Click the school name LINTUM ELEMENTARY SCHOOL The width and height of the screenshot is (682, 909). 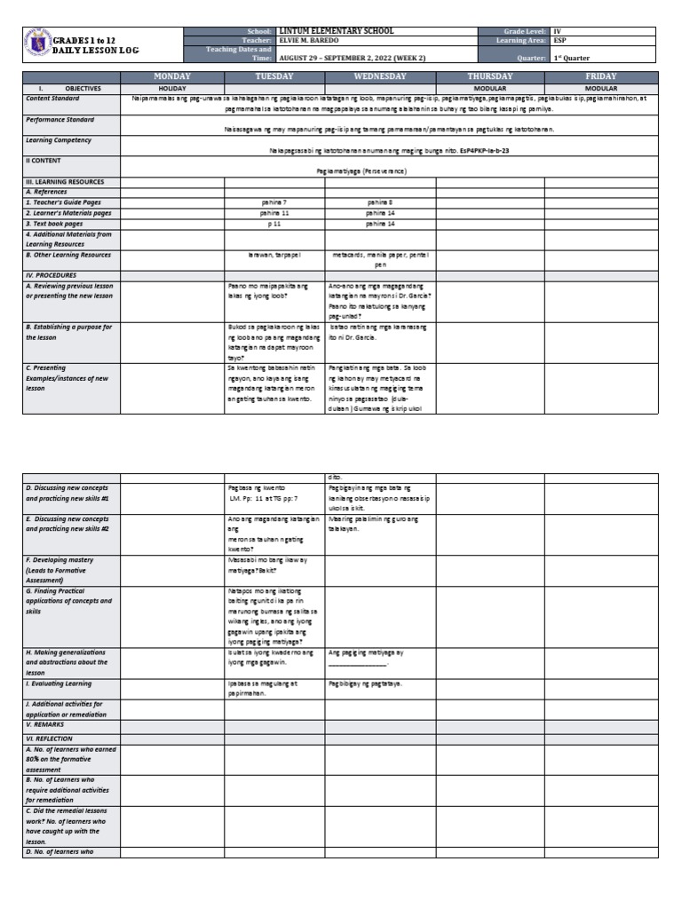335,31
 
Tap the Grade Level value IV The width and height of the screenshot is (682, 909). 558,31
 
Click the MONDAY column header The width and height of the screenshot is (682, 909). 171,77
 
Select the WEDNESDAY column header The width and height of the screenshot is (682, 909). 380,77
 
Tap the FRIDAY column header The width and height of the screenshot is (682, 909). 600,77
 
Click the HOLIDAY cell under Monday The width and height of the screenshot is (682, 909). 171,89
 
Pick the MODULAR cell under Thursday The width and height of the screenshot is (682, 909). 490,89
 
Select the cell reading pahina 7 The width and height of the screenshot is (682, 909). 274,202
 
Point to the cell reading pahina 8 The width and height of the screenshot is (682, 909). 379,202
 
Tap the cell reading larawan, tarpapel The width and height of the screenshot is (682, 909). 274,254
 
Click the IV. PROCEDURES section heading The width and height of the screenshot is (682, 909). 54,275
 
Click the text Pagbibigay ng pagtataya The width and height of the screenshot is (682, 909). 365,684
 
